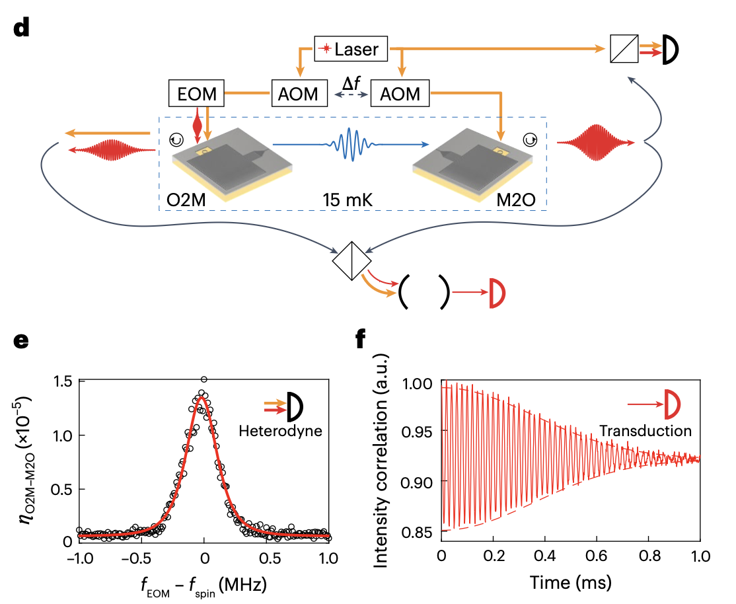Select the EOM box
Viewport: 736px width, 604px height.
[x=198, y=93]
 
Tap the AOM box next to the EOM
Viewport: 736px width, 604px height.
[x=299, y=93]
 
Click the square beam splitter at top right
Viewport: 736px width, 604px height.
[x=624, y=49]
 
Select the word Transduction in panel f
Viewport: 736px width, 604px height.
[x=645, y=431]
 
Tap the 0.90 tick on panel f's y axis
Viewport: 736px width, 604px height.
[x=417, y=481]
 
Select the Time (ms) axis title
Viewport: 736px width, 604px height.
[x=570, y=582]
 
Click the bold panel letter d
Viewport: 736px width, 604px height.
[x=21, y=29]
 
